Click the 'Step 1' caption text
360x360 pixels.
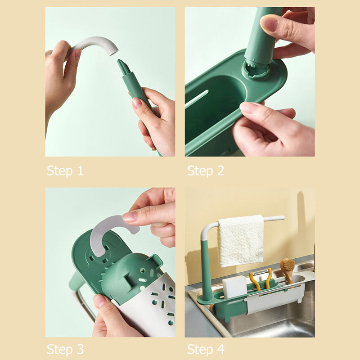[65, 171]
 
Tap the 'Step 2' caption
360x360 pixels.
[206, 171]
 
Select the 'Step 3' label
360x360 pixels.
[65, 349]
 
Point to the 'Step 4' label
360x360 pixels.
[206, 349]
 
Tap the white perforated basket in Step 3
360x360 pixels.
[153, 306]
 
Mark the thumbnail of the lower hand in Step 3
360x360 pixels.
[99, 300]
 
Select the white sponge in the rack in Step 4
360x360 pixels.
[234, 287]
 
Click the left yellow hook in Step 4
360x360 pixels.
[255, 282]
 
